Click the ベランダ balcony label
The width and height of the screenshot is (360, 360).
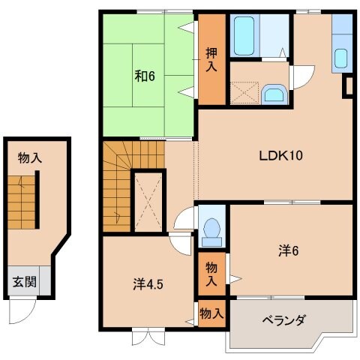[283, 321]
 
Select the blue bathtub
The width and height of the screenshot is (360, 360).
[245, 35]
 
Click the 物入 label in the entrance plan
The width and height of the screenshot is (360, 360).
[30, 157]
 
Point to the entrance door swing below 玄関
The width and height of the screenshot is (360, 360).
[28, 307]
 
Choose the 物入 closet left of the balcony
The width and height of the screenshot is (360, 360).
[211, 315]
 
